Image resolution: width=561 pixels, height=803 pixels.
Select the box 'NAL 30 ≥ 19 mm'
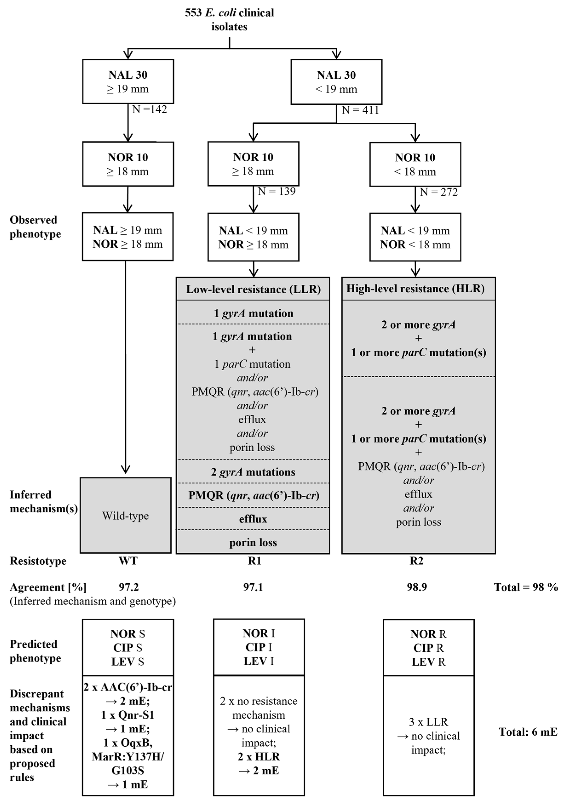pyautogui.click(x=128, y=81)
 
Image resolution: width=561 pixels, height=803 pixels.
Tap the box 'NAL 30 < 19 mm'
pyautogui.click(x=336, y=82)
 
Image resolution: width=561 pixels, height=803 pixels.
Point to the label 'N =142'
pyautogui.click(x=149, y=109)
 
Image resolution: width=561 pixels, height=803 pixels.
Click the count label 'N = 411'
pyautogui.click(x=360, y=110)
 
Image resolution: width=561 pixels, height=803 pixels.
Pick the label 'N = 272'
pyautogui.click(x=439, y=192)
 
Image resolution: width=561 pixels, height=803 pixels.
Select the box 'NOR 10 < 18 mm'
pyautogui.click(x=415, y=164)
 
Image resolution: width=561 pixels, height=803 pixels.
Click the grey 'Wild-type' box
pyautogui.click(x=126, y=515)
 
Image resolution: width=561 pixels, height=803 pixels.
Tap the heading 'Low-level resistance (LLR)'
pyautogui.click(x=253, y=289)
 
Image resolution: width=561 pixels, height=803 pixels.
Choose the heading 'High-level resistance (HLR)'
pyautogui.click(x=415, y=289)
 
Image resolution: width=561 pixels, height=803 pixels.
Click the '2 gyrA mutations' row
pyautogui.click(x=253, y=472)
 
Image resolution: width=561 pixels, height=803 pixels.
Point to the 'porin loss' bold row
pyautogui.click(x=253, y=543)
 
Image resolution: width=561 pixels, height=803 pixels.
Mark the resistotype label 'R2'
pyautogui.click(x=416, y=561)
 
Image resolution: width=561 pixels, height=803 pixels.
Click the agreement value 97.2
pyautogui.click(x=129, y=587)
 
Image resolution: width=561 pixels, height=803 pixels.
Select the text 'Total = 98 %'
pyautogui.click(x=525, y=587)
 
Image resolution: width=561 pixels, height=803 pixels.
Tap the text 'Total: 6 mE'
pyautogui.click(x=527, y=732)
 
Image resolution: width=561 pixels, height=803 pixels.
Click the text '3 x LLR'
pyautogui.click(x=428, y=722)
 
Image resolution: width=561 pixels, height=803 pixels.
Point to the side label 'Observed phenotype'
pyautogui.click(x=35, y=227)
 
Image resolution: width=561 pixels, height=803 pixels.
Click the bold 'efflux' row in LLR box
pyautogui.click(x=253, y=519)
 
